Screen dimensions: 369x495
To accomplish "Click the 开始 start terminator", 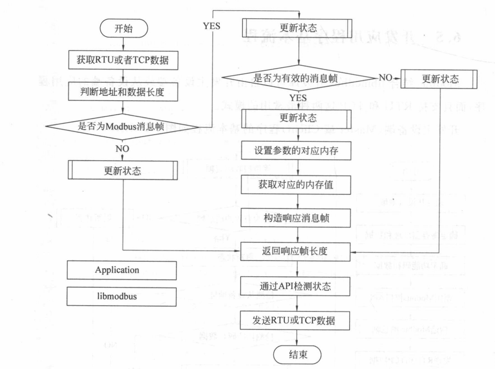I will (124, 29).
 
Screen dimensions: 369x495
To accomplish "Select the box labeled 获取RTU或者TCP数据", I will (123, 60).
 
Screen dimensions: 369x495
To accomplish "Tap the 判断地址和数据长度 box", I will (123, 91).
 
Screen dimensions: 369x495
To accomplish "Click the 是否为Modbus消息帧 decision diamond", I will (123, 126).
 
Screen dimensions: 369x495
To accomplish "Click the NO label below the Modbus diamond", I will (122, 148).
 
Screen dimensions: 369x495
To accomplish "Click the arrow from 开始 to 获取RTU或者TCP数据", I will (123, 44).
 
